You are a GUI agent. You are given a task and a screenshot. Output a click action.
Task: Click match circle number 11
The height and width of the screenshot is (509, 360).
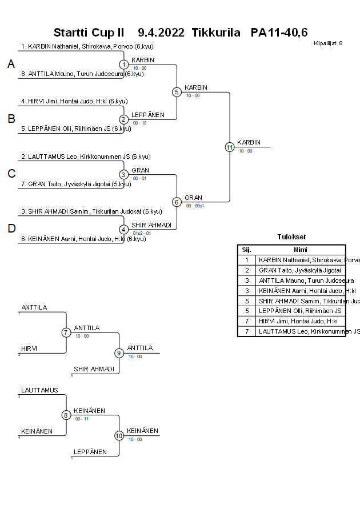point(230,147)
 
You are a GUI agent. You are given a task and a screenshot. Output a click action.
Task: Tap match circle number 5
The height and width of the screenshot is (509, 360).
point(177,92)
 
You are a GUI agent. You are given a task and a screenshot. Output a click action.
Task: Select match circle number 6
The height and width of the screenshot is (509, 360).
point(177,202)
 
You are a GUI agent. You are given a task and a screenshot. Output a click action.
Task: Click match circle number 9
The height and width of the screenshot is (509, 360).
point(119,353)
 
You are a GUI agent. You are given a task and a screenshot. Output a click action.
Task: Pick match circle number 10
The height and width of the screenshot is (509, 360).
point(119,436)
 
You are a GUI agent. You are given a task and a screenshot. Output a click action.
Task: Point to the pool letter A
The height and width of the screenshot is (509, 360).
point(11,65)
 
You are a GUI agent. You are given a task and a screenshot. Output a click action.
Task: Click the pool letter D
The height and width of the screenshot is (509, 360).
point(11,229)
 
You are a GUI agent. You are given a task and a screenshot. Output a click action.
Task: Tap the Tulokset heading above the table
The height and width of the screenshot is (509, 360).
point(291,237)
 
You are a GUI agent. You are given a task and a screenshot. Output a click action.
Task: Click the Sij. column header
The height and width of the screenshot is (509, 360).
point(247,250)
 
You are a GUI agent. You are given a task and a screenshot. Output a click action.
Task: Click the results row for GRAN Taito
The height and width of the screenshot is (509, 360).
point(300,270)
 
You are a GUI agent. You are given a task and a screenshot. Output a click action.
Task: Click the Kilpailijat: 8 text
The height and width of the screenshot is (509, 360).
point(328,43)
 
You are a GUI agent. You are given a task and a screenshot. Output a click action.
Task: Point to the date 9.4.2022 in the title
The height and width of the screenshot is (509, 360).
point(161,33)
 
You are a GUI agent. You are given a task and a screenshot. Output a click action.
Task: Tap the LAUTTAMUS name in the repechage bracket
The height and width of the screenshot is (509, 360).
point(39,390)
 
